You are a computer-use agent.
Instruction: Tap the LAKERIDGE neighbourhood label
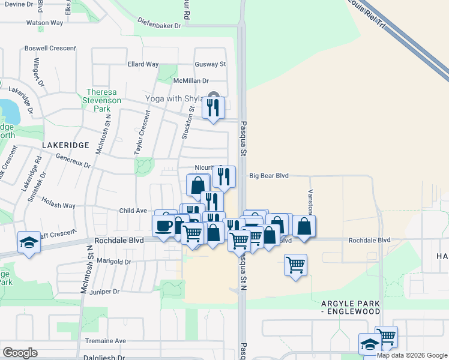pos(65,145)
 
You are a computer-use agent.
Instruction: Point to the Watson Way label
pos(44,23)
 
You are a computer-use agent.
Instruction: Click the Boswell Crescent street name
pos(50,48)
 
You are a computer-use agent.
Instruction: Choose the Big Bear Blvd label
pos(269,176)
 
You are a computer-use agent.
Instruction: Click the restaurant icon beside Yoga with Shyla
pos(213,108)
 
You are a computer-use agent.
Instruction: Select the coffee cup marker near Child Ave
pos(164,226)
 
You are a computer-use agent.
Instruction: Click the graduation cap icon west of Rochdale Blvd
pos(29,242)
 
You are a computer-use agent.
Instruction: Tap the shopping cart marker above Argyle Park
pos(295,264)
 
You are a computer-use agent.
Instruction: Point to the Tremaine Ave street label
pos(105,341)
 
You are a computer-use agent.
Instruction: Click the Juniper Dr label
pos(104,292)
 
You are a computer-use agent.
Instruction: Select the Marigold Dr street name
pos(113,262)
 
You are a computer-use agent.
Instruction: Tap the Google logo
pos(20,353)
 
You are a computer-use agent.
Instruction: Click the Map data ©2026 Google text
pos(412,355)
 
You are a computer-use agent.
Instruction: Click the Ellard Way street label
pos(143,64)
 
